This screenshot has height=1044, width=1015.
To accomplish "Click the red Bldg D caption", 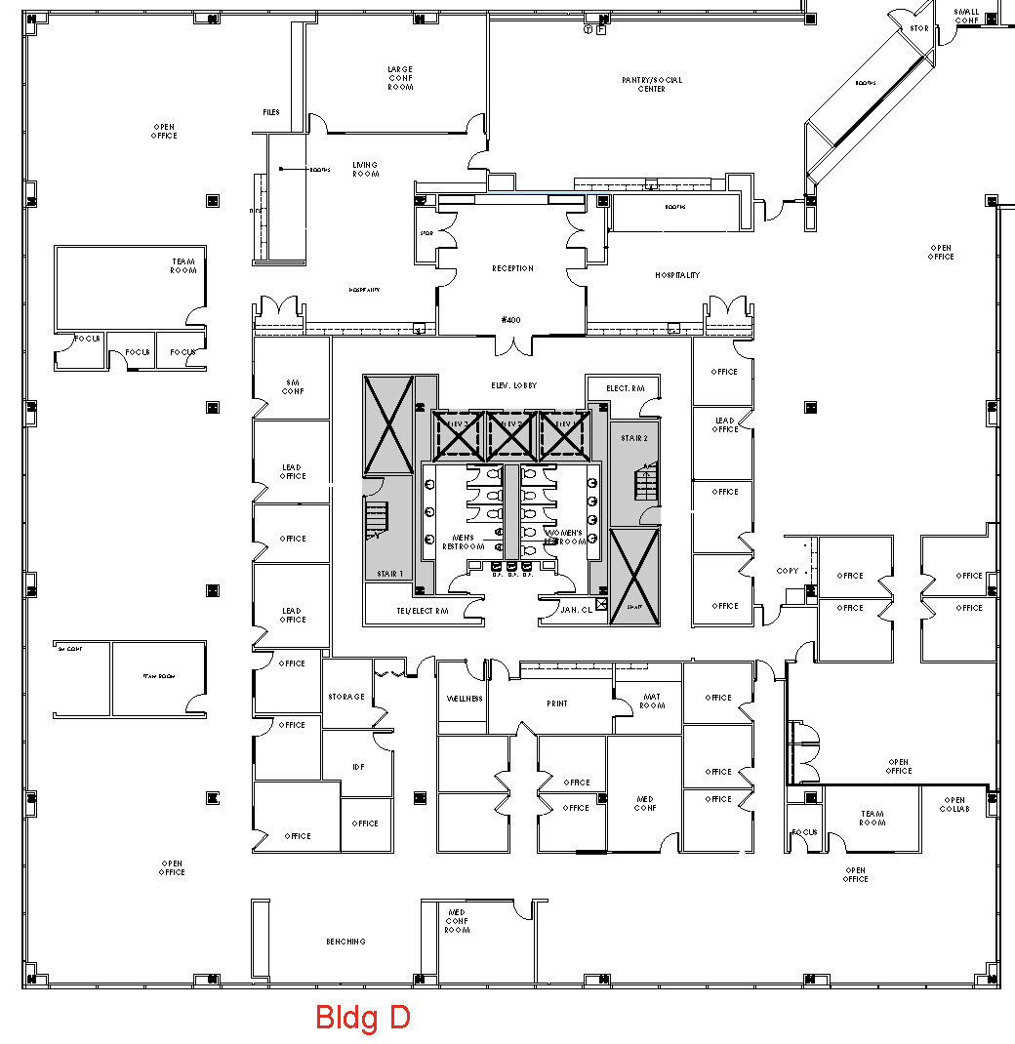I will [x=362, y=1018].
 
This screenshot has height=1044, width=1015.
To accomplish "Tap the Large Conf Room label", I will [x=400, y=78].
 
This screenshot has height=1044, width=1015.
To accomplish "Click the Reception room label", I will [x=512, y=268].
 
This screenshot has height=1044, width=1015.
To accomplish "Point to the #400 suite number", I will [x=511, y=319].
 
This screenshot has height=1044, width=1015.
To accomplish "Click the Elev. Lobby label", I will [x=513, y=385].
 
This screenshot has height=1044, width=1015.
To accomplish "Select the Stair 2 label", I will [x=634, y=439].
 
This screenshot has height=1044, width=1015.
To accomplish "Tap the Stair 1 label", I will [x=390, y=575].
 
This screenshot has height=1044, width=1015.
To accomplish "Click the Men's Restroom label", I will [x=464, y=542].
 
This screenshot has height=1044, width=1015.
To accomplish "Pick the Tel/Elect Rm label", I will [x=422, y=611].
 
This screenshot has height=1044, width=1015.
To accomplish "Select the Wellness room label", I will [x=465, y=700].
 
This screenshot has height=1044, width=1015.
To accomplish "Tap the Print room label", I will [x=557, y=703].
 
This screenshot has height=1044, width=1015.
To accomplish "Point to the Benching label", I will [x=345, y=942].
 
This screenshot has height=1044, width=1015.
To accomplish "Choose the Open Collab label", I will [x=954, y=804].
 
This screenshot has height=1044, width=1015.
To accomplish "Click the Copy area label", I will [x=787, y=571].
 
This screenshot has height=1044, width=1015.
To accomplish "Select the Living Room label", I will [x=365, y=169].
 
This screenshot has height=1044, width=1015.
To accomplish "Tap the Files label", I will [x=271, y=112].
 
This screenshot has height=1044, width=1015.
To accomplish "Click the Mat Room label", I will [x=652, y=701].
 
